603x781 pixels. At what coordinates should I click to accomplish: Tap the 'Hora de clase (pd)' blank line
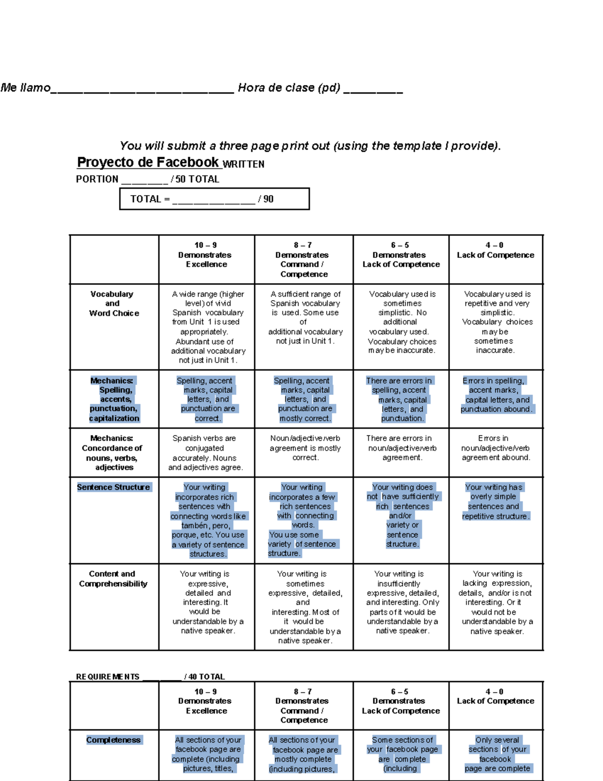[373, 91]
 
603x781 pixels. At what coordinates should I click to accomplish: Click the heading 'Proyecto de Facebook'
[148, 162]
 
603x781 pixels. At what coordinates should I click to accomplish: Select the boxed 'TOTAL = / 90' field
[214, 199]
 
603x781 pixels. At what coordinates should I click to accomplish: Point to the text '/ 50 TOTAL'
[195, 180]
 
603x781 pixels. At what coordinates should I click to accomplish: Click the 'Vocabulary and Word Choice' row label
[113, 304]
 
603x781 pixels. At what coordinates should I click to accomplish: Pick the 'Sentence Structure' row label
[114, 487]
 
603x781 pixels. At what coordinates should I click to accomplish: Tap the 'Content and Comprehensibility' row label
[113, 579]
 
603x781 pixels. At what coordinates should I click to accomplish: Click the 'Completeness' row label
[114, 740]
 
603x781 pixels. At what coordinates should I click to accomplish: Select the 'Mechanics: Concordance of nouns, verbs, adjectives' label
[113, 453]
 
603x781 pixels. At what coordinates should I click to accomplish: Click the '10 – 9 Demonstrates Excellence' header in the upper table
[206, 255]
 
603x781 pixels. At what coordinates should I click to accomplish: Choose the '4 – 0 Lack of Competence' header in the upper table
[495, 250]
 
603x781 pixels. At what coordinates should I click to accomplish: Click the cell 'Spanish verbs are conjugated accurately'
[206, 453]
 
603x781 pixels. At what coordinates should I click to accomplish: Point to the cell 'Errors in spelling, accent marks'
[496, 395]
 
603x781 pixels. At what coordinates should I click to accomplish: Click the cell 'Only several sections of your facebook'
[496, 754]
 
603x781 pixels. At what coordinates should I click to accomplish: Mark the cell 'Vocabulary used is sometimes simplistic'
[402, 322]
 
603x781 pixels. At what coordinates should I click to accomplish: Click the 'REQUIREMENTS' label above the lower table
[108, 677]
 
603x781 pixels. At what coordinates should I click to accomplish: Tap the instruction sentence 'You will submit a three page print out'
[310, 146]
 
